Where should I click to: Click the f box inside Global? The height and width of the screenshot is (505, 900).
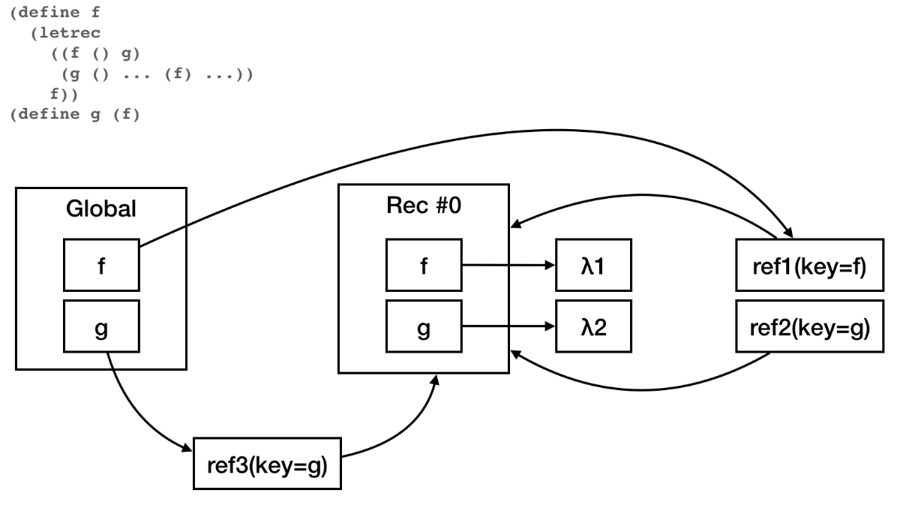coord(100,266)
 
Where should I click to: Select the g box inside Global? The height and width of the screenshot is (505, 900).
coord(100,328)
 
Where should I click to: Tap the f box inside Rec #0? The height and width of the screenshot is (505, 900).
coord(424,266)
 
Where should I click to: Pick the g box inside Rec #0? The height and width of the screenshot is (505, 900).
coord(424,328)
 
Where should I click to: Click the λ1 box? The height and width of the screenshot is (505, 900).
coord(593,266)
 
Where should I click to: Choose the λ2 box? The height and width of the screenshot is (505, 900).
coord(593,328)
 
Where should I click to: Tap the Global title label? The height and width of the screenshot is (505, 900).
coord(100,209)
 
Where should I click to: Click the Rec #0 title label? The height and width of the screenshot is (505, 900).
coord(424,206)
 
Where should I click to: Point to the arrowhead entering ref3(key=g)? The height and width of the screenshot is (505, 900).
coord(187,448)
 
